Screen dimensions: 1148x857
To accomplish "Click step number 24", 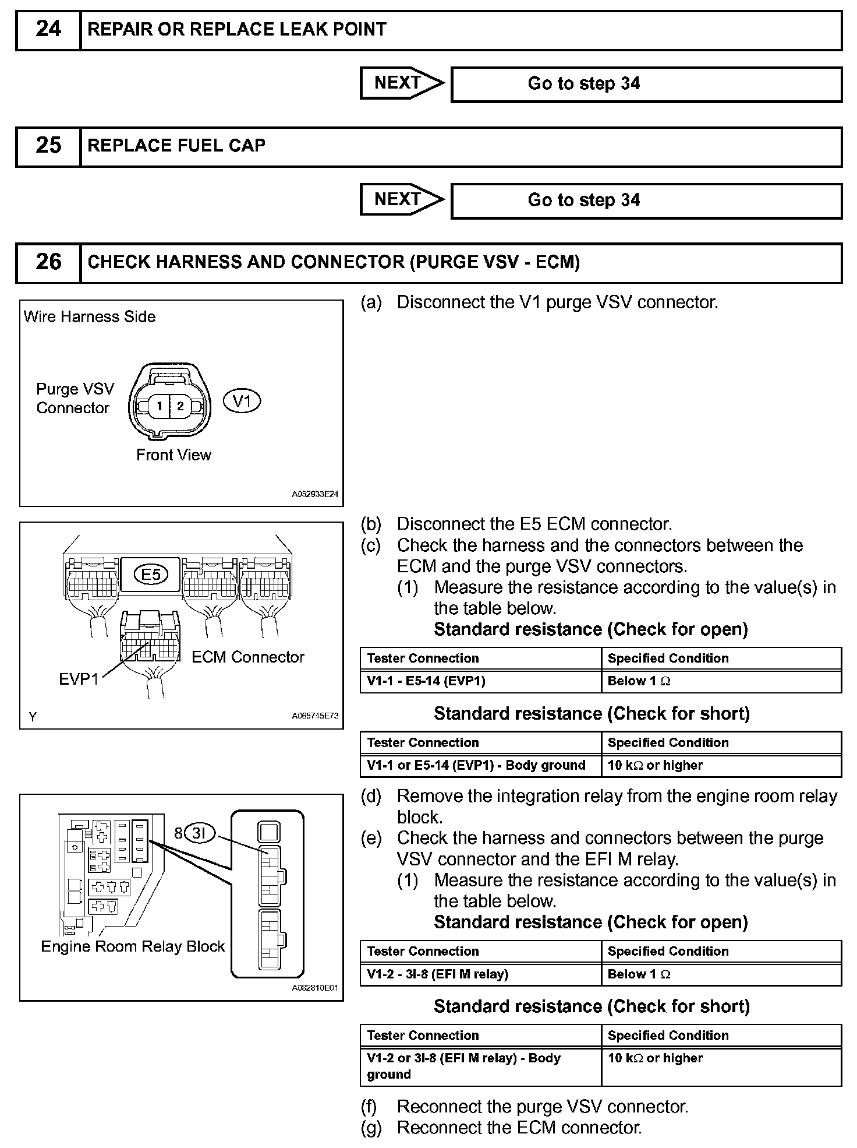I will (48, 29).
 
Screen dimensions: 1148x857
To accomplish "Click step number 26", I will (48, 262).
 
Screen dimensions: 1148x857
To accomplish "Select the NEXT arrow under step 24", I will (401, 83).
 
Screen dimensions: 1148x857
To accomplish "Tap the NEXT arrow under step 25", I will (401, 200).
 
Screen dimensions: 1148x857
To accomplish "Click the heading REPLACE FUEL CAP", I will (176, 146).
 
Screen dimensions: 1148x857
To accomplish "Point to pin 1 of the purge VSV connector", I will (159, 406).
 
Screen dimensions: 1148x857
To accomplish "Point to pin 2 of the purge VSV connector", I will (180, 406).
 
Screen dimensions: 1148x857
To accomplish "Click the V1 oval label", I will (242, 402).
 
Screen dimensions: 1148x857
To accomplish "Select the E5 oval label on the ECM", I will (151, 575).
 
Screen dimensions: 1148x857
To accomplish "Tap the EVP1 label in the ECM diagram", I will (79, 679).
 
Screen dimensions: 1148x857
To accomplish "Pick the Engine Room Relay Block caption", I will (133, 946).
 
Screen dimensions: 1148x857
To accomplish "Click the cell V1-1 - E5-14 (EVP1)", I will (426, 681).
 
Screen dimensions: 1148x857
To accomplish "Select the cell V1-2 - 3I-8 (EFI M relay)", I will (438, 974).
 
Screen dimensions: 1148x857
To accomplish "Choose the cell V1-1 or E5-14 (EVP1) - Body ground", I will (476, 766).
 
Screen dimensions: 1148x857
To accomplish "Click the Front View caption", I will (173, 455).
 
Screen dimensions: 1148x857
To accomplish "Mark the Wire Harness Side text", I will (90, 317).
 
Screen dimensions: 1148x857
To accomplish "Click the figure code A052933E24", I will (315, 494).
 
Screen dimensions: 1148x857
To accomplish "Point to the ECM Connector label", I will (248, 657).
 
